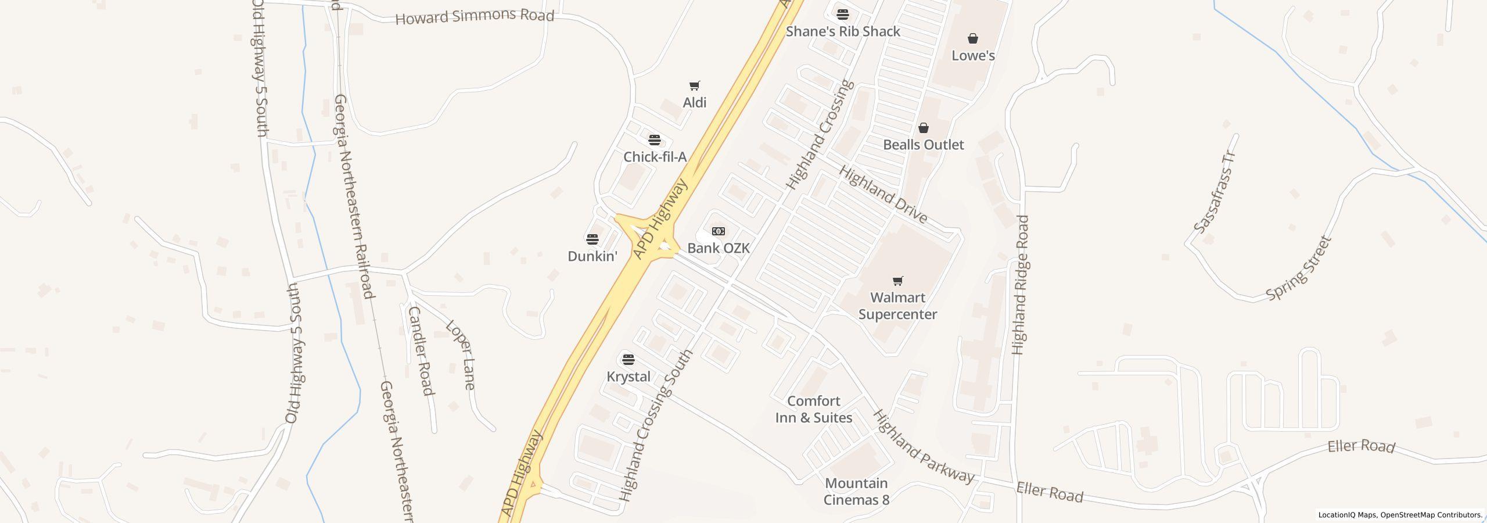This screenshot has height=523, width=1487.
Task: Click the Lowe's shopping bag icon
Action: pyautogui.click(x=973, y=39)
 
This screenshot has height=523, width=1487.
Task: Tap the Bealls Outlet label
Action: pyautogui.click(x=923, y=145)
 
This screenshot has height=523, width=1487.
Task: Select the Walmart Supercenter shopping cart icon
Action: pyautogui.click(x=897, y=281)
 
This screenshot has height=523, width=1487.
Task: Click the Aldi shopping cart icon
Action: pyautogui.click(x=694, y=86)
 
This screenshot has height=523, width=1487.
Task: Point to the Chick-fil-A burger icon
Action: pyautogui.click(x=655, y=140)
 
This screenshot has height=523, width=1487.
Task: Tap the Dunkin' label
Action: pyautogui.click(x=592, y=256)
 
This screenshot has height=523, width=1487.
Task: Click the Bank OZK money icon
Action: pyautogui.click(x=719, y=231)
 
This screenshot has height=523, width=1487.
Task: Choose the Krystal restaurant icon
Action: pyautogui.click(x=628, y=360)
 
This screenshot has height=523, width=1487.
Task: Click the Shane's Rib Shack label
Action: pyautogui.click(x=843, y=31)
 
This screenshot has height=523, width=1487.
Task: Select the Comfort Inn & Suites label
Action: pyautogui.click(x=814, y=409)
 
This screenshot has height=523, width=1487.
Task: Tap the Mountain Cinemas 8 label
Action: pyautogui.click(x=856, y=491)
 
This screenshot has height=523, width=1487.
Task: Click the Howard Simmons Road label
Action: pyautogui.click(x=475, y=16)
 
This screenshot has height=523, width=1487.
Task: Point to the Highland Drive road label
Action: pyautogui.click(x=883, y=195)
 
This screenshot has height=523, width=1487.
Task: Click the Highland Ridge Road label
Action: pyautogui.click(x=1020, y=285)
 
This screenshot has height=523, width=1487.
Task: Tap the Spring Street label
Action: pyautogui.click(x=1298, y=268)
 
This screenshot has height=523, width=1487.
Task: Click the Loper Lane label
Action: pyautogui.click(x=461, y=354)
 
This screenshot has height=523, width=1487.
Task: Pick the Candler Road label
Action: pyautogui.click(x=421, y=351)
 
